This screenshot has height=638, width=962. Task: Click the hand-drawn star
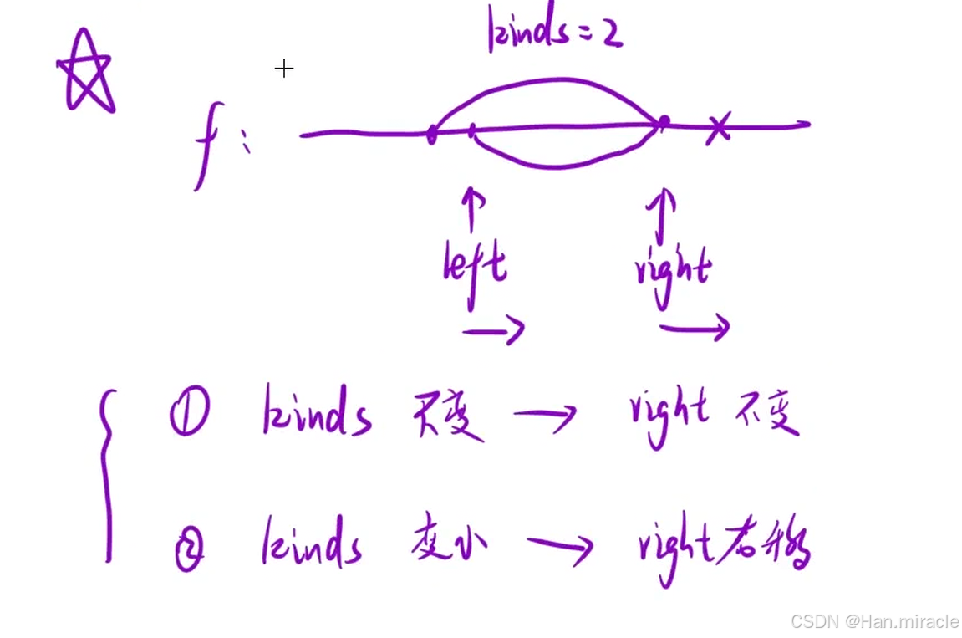click(x=86, y=73)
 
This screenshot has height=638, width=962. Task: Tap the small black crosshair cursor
click(x=284, y=69)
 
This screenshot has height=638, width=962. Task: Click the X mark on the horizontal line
click(x=717, y=128)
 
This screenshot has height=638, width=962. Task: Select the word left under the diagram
click(x=475, y=268)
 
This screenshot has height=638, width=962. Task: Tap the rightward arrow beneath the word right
click(x=695, y=329)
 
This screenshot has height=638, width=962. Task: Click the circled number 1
click(x=188, y=415)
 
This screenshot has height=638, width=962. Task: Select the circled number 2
click(x=189, y=550)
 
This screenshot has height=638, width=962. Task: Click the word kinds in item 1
click(x=316, y=412)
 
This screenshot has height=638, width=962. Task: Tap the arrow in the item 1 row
click(x=544, y=415)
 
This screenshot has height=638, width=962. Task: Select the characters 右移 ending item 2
click(x=777, y=545)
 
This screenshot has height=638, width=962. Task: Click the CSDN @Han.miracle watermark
click(x=874, y=621)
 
